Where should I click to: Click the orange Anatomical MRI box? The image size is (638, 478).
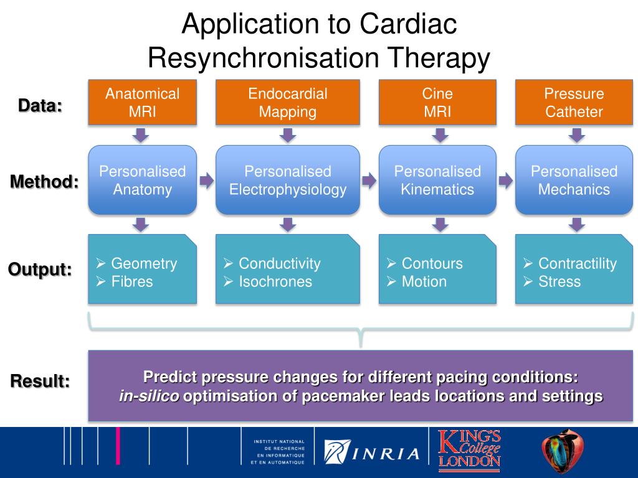pos(143,103)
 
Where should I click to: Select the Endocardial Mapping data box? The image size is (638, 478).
pos(288,103)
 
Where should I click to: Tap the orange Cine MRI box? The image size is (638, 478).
pos(437,103)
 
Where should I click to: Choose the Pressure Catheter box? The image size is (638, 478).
pos(574,103)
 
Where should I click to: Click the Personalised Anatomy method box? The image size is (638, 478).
pos(143,180)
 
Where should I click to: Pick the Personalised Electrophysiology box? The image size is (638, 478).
pos(288,180)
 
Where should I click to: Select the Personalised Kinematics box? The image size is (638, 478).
pos(437,180)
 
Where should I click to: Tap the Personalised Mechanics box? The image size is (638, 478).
pos(574,180)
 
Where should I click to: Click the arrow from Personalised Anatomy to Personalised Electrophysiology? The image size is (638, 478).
pos(206,180)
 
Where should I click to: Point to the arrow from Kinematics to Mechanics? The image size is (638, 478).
pos(506,180)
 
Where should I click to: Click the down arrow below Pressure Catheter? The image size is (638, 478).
pos(576,135)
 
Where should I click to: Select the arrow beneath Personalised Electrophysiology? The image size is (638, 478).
pos(288,224)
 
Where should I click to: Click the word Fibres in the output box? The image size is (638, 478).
pos(132,282)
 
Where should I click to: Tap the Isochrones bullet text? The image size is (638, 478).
pos(275,282)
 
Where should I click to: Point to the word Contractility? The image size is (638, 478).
pos(578,264)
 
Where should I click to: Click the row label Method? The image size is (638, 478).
pos(44,182)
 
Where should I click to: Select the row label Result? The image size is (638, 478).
pos(40,382)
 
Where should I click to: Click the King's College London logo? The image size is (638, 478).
pos(469,451)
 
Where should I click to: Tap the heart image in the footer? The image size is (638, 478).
pos(563,451)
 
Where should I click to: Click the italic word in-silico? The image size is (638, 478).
pos(149,396)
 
